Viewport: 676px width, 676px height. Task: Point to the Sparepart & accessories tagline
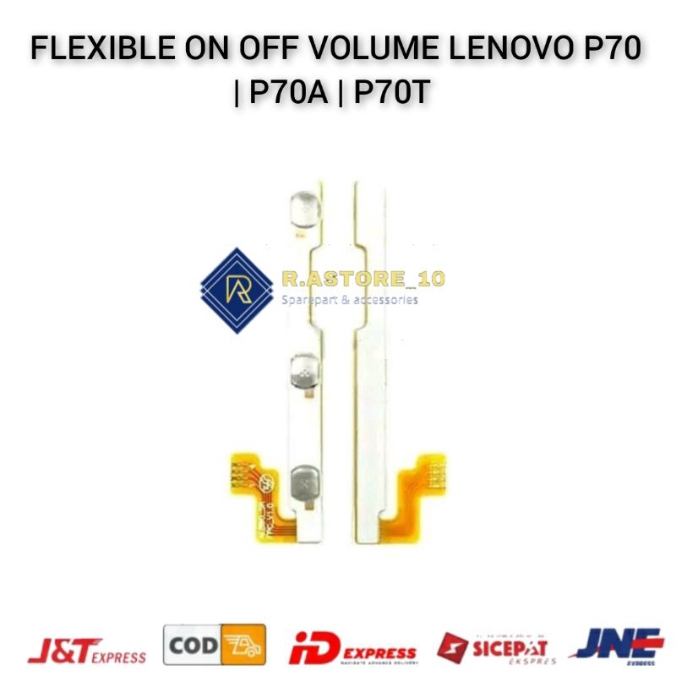tap(348, 299)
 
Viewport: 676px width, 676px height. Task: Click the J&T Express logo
tap(87, 649)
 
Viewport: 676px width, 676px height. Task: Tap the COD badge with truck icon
tap(214, 646)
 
